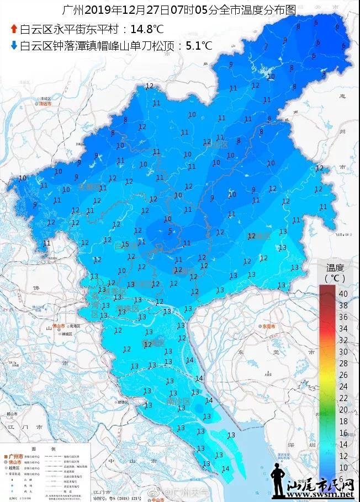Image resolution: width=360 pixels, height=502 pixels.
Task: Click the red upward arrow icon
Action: tap(13, 29)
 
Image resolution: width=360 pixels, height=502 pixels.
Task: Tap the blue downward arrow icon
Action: tap(13, 46)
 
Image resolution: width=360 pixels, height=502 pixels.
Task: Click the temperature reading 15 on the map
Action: tap(125, 244)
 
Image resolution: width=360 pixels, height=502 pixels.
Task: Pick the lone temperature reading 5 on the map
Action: tap(170, 231)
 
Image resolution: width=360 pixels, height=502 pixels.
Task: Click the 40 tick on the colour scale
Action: tap(343, 293)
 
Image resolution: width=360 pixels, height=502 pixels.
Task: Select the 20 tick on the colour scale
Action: tap(343, 409)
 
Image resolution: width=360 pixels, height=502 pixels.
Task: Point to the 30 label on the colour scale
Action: tap(343, 351)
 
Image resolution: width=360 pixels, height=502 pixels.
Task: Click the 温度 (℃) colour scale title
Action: tap(333, 272)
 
